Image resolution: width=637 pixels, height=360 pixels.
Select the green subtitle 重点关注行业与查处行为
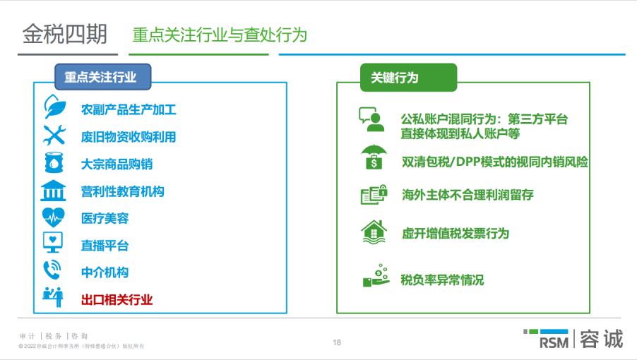click(219, 35)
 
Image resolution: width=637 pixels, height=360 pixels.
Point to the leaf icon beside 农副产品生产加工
click(54, 108)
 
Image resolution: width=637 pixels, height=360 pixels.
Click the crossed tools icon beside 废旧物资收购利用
click(54, 136)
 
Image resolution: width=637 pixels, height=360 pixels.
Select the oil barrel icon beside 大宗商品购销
click(54, 163)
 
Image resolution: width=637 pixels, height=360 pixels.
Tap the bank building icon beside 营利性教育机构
click(54, 191)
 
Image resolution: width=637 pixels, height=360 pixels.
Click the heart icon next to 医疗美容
click(54, 217)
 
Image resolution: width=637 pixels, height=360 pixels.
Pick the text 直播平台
click(105, 246)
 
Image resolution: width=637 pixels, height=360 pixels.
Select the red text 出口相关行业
click(117, 299)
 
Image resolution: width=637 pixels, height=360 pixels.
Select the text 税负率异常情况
click(442, 280)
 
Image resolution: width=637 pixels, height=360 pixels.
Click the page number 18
click(337, 343)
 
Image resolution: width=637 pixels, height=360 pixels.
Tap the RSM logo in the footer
click(548, 340)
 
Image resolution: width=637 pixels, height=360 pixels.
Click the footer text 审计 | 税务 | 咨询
click(54, 336)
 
